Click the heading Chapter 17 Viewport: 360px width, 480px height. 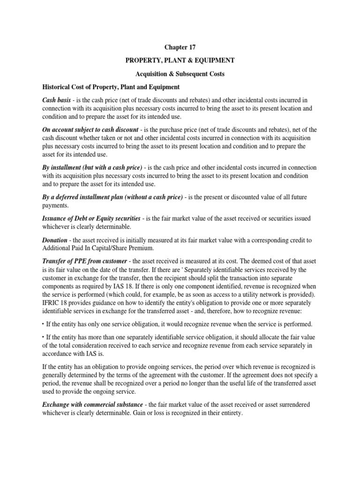click(180, 47)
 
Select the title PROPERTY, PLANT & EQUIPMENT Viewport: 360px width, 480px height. click(180, 61)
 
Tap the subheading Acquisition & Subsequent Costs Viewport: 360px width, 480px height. click(180, 74)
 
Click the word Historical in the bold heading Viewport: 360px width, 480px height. click(58, 88)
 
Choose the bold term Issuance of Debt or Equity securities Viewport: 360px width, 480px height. click(91, 219)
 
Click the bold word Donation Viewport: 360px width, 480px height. click(54, 240)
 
